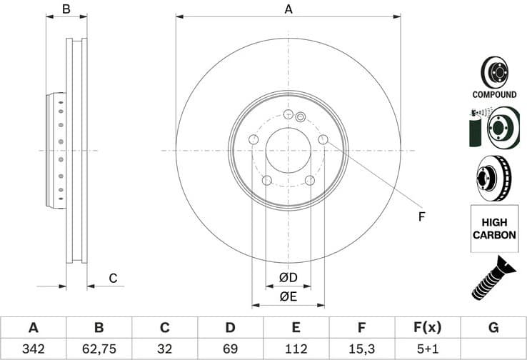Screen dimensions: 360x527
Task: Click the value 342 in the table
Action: (x=33, y=349)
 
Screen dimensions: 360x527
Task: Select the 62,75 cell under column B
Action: (x=99, y=349)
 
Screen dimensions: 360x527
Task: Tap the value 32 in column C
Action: (x=164, y=349)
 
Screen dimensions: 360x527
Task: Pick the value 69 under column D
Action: (x=230, y=349)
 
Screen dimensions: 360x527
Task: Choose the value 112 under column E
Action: (x=296, y=349)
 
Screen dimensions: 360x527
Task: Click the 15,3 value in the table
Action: (x=361, y=349)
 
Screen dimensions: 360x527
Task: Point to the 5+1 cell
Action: (x=427, y=349)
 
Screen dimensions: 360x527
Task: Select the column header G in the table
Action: (x=493, y=329)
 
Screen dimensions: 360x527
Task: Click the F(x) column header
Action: (x=427, y=329)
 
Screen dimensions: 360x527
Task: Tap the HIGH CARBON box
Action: (x=494, y=228)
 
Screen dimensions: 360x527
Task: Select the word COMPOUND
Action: (x=494, y=94)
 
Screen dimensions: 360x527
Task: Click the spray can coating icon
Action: (x=475, y=127)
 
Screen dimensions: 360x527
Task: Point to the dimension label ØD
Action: (x=288, y=277)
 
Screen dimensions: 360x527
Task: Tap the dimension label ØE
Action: (x=288, y=296)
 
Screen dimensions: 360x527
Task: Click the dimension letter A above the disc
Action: (x=288, y=9)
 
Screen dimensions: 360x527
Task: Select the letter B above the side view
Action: (x=66, y=9)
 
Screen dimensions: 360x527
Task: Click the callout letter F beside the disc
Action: (x=421, y=216)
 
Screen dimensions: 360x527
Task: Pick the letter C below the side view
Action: (x=113, y=278)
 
